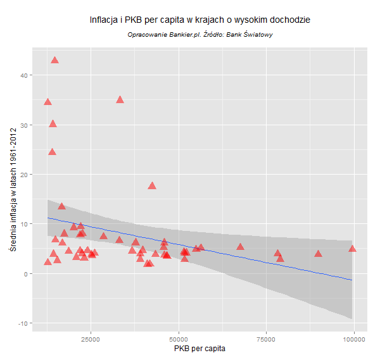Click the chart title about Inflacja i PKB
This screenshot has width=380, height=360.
tap(200, 20)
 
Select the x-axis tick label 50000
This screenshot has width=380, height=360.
tap(179, 338)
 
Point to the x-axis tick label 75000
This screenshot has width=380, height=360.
tap(267, 338)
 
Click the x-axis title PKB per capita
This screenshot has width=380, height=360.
tap(199, 349)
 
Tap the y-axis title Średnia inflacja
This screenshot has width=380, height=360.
tap(11, 189)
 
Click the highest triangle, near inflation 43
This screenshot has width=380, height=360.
tap(54, 60)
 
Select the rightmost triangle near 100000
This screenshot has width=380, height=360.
tap(353, 249)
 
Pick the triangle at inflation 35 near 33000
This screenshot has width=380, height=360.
tap(120, 100)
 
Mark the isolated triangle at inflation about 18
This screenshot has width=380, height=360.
tap(152, 186)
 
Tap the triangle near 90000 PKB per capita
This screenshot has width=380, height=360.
tap(319, 254)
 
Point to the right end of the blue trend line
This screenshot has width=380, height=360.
tap(351, 280)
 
